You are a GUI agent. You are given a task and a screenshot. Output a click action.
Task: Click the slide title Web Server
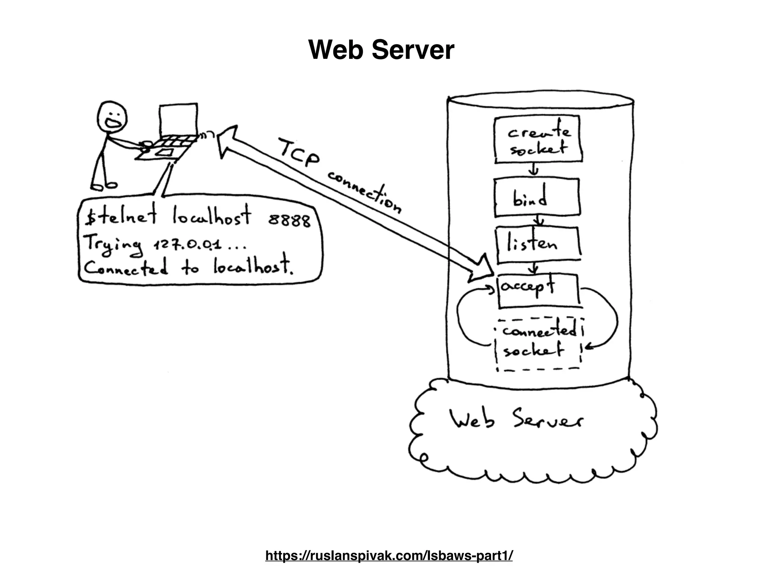(381, 50)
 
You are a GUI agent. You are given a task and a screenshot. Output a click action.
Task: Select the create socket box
(538, 140)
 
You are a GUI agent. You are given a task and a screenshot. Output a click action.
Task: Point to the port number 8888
(289, 221)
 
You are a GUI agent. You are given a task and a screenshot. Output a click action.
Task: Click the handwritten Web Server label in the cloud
(516, 420)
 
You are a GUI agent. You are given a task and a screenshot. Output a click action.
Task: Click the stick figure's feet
(104, 185)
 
